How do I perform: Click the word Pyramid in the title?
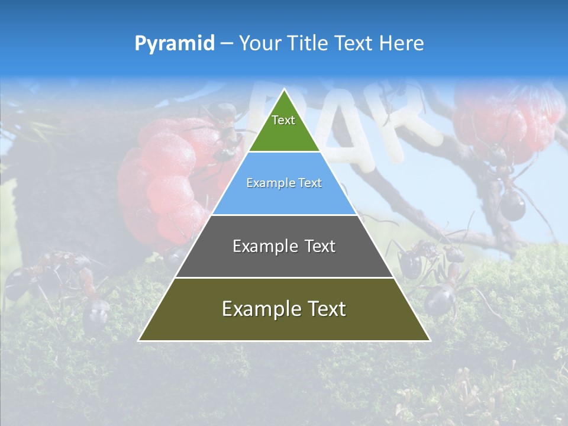tap(175, 44)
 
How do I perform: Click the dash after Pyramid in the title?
tap(227, 44)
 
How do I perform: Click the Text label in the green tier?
tap(283, 120)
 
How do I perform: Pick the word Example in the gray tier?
tap(264, 246)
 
